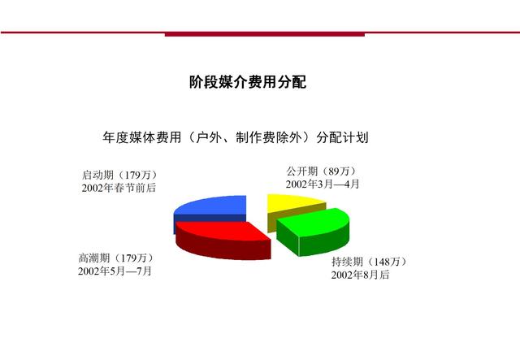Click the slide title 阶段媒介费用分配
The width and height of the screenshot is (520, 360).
[248, 81]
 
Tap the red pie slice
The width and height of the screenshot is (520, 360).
[223, 240]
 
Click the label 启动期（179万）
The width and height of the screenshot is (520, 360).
[119, 175]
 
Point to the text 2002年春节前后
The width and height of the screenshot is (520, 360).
[119, 188]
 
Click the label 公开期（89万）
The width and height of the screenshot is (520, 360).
[322, 171]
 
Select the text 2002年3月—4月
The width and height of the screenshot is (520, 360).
[323, 184]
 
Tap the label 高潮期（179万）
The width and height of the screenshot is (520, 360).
[116, 258]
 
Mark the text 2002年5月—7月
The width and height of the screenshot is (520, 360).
[115, 271]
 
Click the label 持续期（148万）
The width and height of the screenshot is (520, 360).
[369, 262]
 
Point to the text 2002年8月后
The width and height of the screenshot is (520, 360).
[360, 275]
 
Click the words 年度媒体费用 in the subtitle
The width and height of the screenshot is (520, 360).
[142, 137]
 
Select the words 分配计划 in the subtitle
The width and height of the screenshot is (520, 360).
[342, 137]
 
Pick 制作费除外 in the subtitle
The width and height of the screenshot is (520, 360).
[269, 137]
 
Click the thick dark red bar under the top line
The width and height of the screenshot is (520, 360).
[265, 34]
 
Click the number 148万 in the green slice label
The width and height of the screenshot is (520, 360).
[387, 262]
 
